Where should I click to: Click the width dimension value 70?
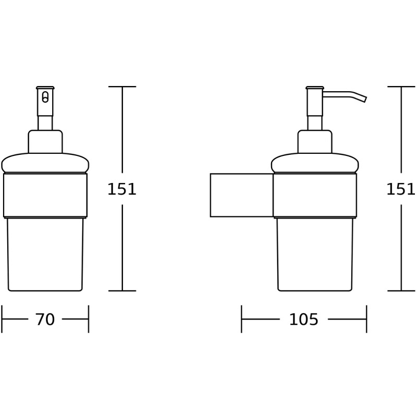(x=45, y=320)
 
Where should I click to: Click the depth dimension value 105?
(x=303, y=320)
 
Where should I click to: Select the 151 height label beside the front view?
(x=121, y=189)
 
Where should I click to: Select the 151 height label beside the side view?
(x=400, y=189)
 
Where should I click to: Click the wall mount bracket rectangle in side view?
(x=241, y=195)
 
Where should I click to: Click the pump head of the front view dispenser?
(x=45, y=102)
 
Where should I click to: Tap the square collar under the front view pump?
(x=45, y=142)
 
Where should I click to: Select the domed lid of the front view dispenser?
(x=45, y=163)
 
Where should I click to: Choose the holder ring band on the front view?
(x=45, y=194)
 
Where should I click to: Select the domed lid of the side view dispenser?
(x=315, y=163)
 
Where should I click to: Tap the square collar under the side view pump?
(x=315, y=142)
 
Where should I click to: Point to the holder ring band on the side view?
(x=315, y=194)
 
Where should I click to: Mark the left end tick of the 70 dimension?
(x=2, y=319)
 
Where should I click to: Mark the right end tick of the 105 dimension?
(x=366, y=319)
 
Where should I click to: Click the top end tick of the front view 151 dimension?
(x=122, y=87)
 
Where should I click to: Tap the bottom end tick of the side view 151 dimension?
(x=401, y=290)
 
